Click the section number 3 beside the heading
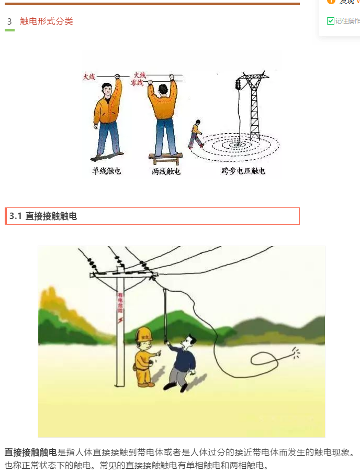coord(9,21)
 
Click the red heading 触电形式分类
coord(47,21)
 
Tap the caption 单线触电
coord(107,171)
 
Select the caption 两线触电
coord(166,171)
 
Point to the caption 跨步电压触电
coord(243,171)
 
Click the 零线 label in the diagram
coord(138,83)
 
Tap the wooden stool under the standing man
coord(166,158)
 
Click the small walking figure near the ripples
coord(196,134)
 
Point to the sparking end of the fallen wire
coord(296,354)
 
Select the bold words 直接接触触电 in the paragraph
coord(31,452)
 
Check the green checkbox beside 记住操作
coord(331,21)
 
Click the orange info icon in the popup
coord(331,1)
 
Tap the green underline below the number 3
coord(9,30)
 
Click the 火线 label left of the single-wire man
coord(89,77)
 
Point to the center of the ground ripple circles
coord(240,142)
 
